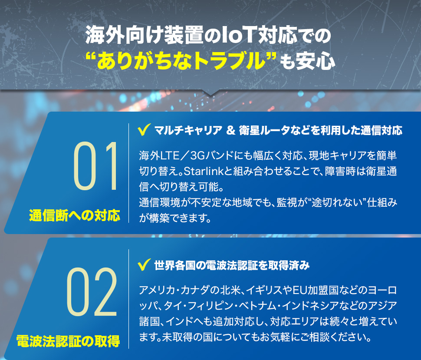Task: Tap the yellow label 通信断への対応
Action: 75,215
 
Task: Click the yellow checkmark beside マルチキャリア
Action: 143,130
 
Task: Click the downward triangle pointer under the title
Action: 210,92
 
